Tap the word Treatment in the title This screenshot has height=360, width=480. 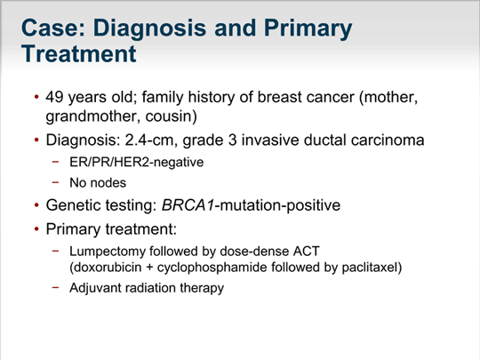click(79, 54)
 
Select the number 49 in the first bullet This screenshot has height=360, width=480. click(54, 97)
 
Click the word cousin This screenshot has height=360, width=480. click(169, 116)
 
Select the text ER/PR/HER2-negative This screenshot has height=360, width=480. click(137, 162)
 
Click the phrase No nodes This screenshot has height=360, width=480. click(98, 183)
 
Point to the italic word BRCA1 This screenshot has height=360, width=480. click(188, 205)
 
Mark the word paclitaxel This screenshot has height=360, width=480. click(369, 268)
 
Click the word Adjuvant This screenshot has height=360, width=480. click(95, 288)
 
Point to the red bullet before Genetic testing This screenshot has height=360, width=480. click(36, 205)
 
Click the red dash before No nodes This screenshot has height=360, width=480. click(55, 182)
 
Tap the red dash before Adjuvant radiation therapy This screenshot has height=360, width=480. click(55, 287)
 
